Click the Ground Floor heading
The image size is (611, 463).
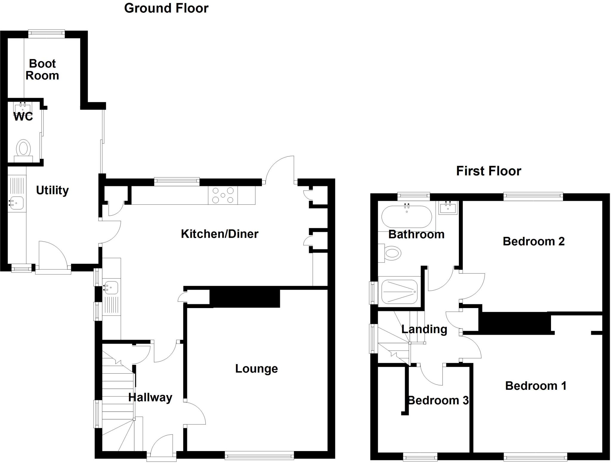pos(166,8)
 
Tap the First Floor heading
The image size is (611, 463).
pos(489,171)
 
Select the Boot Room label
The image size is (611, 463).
pos(42,70)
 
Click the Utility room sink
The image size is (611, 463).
pos(16,203)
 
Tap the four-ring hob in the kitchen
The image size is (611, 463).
pos(223,195)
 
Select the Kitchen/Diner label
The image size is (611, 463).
pos(220,234)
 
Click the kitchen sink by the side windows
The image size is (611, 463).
pos(111,288)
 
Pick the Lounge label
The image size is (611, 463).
pos(257,369)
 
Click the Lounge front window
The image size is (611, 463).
pos(259,455)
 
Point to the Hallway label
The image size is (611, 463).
pos(150,397)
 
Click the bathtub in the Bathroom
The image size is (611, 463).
pos(407,217)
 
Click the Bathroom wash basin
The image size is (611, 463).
pos(448,208)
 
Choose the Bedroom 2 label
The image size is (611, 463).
pos(534,241)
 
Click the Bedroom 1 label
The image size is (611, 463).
pos(536,386)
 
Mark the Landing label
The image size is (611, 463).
pos(424,329)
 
